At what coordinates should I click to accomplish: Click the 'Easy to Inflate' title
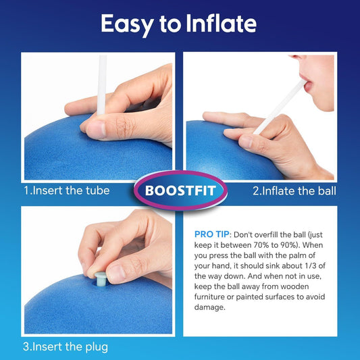click(x=178, y=24)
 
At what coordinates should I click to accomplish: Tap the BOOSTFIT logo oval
click(x=180, y=190)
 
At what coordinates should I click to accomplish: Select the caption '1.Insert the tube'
click(x=67, y=190)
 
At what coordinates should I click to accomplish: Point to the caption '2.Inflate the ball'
click(x=294, y=191)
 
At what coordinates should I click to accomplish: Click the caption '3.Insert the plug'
click(x=66, y=347)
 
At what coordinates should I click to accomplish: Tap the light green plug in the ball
click(x=101, y=279)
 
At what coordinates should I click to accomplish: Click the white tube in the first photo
click(x=101, y=85)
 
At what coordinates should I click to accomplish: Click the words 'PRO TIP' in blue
click(x=211, y=234)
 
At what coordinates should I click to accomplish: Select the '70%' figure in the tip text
click(x=261, y=245)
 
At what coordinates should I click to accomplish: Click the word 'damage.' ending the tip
click(x=210, y=307)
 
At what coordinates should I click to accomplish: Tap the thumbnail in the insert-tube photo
click(x=96, y=130)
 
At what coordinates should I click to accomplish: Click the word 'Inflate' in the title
click(x=222, y=23)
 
